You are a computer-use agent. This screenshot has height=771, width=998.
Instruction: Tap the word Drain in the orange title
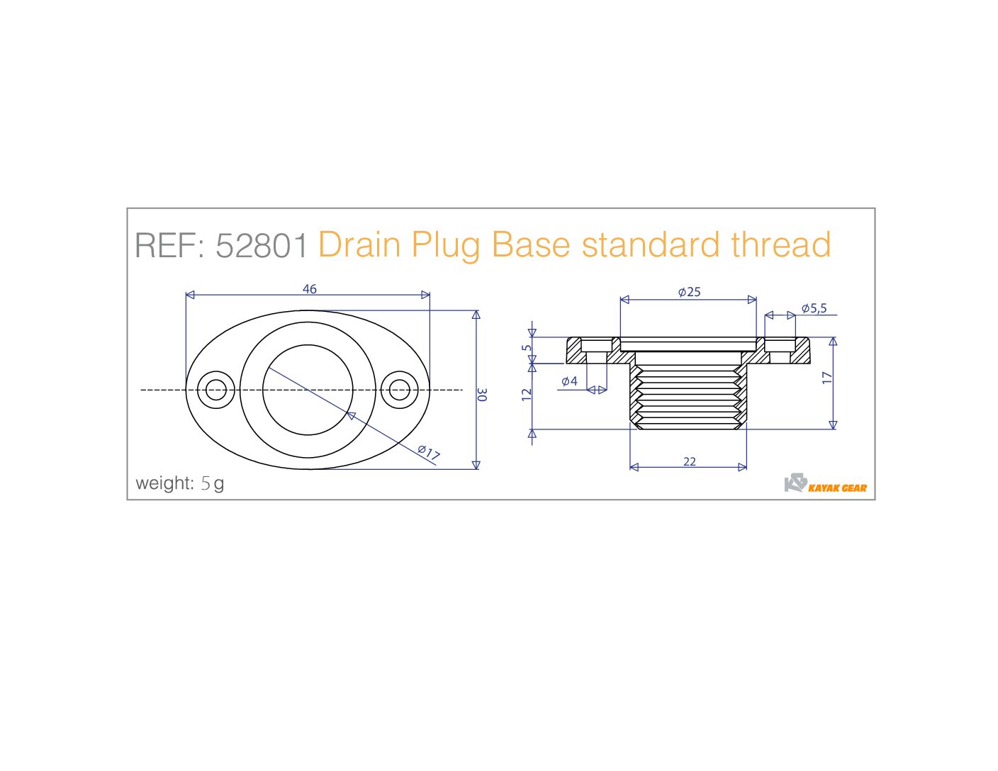coord(359,244)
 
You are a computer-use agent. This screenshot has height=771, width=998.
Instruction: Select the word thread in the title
coord(781,244)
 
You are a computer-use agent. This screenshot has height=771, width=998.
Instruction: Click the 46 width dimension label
coord(310,289)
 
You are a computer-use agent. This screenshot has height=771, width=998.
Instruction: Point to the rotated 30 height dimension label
coord(482,395)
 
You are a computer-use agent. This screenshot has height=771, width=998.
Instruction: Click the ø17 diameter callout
coord(429,452)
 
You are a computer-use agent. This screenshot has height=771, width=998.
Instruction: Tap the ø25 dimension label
coord(690,291)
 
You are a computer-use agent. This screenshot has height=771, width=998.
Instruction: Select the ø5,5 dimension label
coord(814,308)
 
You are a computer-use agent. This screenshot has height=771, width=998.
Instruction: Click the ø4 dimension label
coord(569,381)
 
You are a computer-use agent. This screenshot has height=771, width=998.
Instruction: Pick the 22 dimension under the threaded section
coord(690,461)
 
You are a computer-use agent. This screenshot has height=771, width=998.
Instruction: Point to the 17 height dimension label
coord(827,378)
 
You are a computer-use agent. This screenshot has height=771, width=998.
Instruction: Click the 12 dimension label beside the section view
coord(527,395)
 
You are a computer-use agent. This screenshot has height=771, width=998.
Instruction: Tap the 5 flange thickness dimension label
coord(527,348)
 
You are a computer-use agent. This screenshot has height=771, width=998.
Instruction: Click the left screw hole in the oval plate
coord(216,390)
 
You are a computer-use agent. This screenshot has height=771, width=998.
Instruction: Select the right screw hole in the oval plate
coord(400,390)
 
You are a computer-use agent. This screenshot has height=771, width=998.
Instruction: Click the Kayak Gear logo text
coord(837,488)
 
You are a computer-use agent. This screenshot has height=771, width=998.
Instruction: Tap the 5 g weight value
coord(213,483)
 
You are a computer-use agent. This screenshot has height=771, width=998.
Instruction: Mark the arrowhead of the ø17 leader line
coord(351,415)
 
